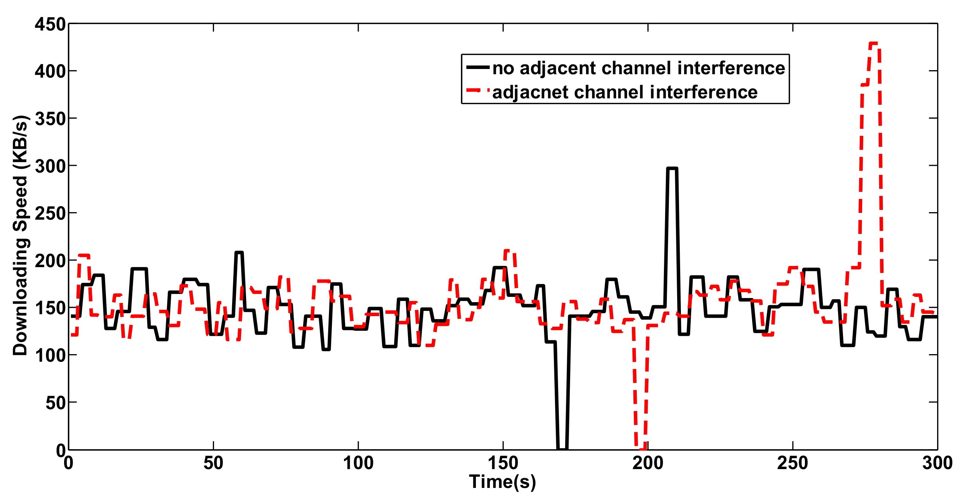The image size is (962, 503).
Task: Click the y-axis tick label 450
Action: click(x=50, y=24)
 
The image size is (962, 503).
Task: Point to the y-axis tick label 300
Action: click(x=50, y=166)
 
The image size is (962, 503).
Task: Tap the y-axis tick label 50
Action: click(x=55, y=403)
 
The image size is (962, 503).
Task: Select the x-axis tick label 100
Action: click(x=358, y=463)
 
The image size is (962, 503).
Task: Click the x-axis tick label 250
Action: click(x=792, y=463)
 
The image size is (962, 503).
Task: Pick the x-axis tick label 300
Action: click(x=937, y=463)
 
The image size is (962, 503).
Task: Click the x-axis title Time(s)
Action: click(x=502, y=482)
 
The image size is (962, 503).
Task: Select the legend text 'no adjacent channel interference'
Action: click(x=638, y=69)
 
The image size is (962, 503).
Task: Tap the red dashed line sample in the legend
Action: click(x=477, y=91)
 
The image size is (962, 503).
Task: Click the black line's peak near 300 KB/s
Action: click(x=672, y=169)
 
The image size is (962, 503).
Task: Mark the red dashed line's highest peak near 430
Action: click(x=874, y=44)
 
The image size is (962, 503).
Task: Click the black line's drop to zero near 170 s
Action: click(x=562, y=448)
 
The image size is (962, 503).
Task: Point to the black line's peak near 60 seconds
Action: click(x=239, y=253)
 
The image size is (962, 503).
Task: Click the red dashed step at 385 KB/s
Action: click(x=865, y=85)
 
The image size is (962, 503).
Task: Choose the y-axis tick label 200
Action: click(x=50, y=261)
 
